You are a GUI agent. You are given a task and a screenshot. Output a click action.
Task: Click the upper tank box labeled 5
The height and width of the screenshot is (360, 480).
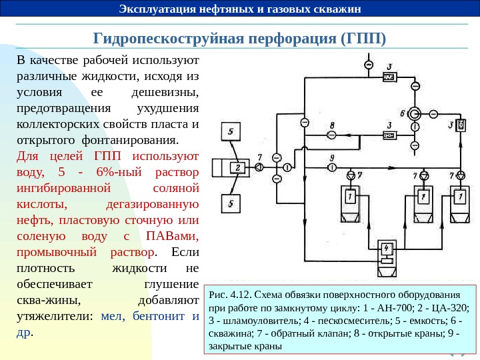point(231,133)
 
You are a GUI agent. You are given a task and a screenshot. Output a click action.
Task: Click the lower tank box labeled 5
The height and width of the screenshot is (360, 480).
point(231,203)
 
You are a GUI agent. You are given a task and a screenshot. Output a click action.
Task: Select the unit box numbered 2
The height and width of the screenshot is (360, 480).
point(237,168)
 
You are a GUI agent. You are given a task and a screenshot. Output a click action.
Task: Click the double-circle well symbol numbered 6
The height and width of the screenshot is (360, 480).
point(415,113)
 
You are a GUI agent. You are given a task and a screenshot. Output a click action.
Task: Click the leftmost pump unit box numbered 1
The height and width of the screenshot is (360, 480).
point(350,197)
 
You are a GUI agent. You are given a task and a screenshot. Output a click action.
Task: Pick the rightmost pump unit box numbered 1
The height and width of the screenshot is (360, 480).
point(459,197)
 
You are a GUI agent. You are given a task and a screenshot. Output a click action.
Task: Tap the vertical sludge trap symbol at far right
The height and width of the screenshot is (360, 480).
point(461,125)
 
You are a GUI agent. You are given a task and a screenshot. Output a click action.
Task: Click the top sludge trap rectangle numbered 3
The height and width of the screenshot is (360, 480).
point(390,77)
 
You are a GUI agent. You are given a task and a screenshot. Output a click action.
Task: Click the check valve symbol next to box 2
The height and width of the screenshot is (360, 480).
point(259,167)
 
